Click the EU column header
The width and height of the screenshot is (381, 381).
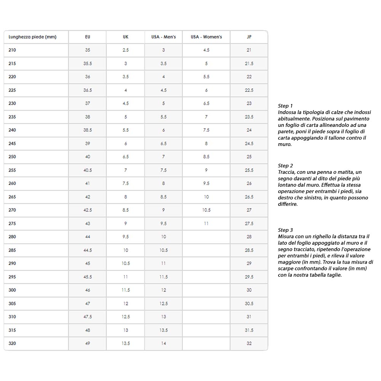(88, 37)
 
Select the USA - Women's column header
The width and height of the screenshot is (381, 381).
(206, 37)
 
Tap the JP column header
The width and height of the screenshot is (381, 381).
(249, 37)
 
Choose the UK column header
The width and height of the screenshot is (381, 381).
(125, 37)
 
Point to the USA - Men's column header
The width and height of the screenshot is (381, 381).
(163, 37)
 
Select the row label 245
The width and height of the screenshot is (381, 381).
(12, 144)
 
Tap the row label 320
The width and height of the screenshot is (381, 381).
(12, 344)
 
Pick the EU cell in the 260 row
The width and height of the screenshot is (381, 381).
(88, 184)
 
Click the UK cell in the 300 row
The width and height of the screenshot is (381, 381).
(125, 290)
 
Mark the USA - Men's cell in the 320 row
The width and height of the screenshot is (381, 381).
(163, 344)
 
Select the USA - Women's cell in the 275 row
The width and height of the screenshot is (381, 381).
(206, 224)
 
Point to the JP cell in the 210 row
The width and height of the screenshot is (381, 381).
(249, 50)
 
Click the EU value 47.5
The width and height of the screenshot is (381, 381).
(88, 317)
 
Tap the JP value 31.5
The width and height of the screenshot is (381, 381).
(249, 330)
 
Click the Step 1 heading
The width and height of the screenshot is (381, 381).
(285, 106)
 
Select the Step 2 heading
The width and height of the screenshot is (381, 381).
(285, 166)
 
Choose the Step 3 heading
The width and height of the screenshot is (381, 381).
(285, 230)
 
